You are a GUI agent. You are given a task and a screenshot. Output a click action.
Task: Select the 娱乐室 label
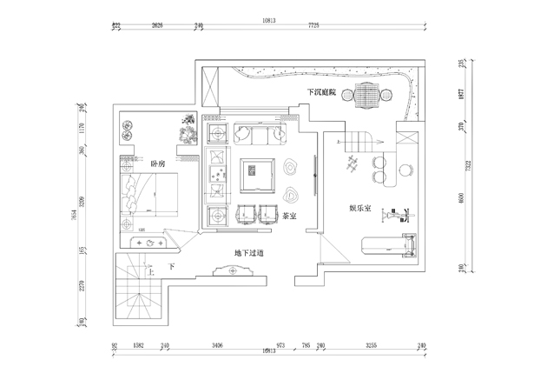(360, 209)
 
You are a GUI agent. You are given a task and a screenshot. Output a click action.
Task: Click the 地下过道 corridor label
(248, 253)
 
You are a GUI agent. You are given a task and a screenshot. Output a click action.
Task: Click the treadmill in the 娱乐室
(387, 244)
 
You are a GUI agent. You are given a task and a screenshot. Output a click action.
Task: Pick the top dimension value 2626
(157, 26)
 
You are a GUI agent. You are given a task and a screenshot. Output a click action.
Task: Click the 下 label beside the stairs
(172, 266)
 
